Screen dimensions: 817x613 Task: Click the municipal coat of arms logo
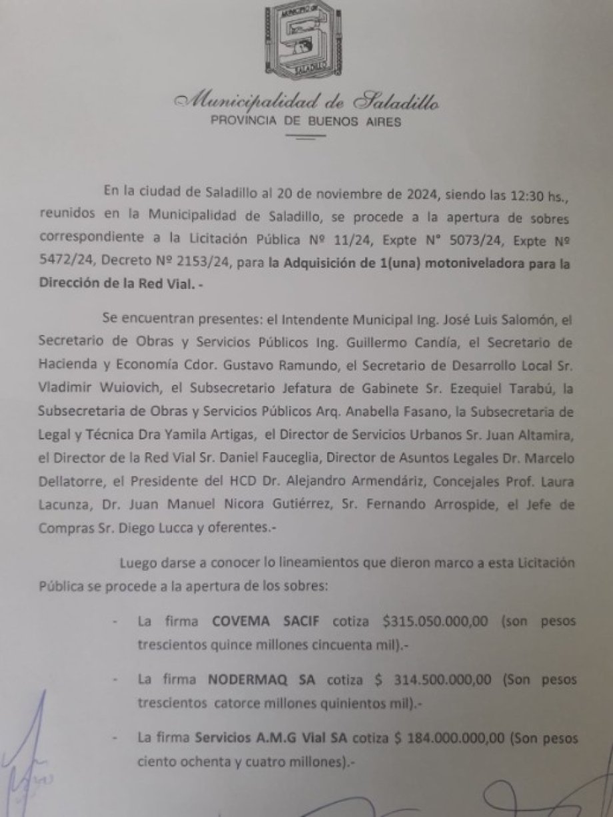coord(306,39)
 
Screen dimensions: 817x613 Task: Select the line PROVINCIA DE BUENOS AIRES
coord(306,122)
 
